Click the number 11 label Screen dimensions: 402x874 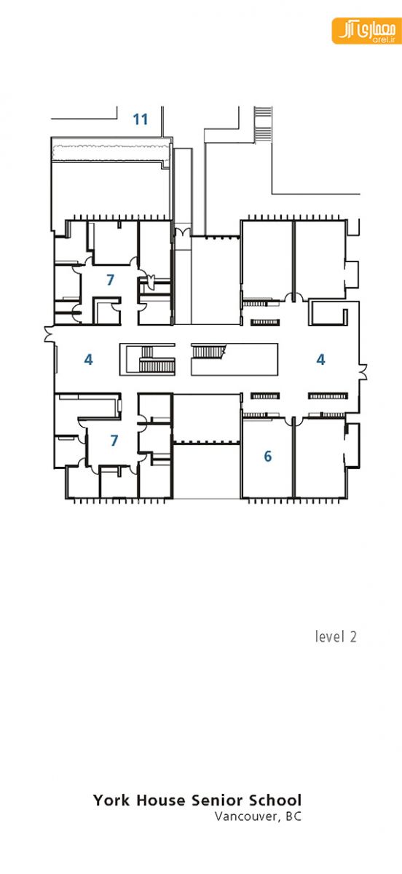[141, 119]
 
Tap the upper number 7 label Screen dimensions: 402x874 [111, 280]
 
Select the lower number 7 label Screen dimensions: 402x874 [114, 440]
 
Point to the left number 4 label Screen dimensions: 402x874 [89, 359]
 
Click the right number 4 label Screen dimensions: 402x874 [321, 359]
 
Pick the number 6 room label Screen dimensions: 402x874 [268, 456]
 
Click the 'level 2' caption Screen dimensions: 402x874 [336, 637]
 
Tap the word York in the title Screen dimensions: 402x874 [111, 800]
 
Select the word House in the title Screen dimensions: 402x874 [161, 800]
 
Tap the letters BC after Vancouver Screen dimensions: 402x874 [293, 816]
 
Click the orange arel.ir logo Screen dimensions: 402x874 [367, 31]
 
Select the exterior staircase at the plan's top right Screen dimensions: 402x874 [262, 125]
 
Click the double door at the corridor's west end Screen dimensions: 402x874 [50, 334]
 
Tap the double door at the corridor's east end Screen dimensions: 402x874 [363, 371]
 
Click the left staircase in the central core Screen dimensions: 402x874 [156, 359]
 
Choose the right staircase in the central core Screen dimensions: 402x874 [209, 352]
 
